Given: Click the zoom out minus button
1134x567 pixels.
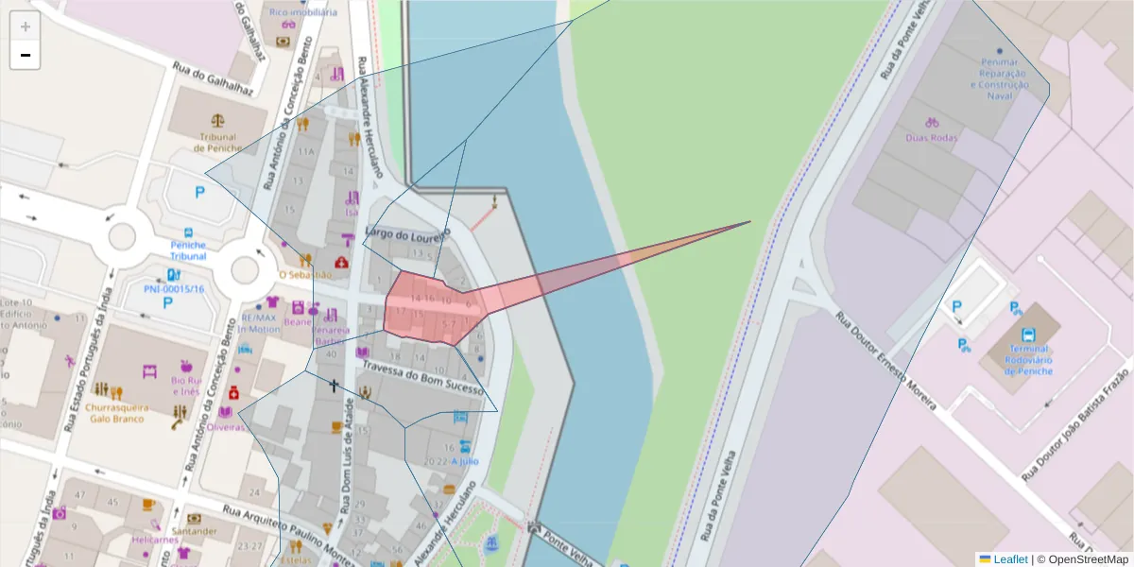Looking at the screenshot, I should coord(26,55).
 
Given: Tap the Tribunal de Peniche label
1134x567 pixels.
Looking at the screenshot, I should coord(218,143).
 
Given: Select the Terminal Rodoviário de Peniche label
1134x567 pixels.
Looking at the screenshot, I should coord(1027,359).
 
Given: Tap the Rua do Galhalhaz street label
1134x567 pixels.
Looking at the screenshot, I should coord(214,79).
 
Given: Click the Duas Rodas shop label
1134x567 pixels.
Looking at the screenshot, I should coord(931,138).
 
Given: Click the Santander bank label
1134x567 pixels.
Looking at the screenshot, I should coord(195,531).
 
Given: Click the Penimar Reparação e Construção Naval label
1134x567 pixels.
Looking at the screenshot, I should coord(999,78).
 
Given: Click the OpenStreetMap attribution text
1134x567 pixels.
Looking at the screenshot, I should coord(1087,559).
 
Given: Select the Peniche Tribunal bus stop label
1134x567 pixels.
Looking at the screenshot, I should coord(188,250).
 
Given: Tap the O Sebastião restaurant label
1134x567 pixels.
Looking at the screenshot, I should coord(304,275).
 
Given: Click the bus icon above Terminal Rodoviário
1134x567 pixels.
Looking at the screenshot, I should coord(1028,334).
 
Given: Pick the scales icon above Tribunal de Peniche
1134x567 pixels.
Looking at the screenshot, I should coord(219,122).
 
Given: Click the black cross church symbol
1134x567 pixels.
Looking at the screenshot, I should coord(333,385).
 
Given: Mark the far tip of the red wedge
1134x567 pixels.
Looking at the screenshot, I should coord(751,222).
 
